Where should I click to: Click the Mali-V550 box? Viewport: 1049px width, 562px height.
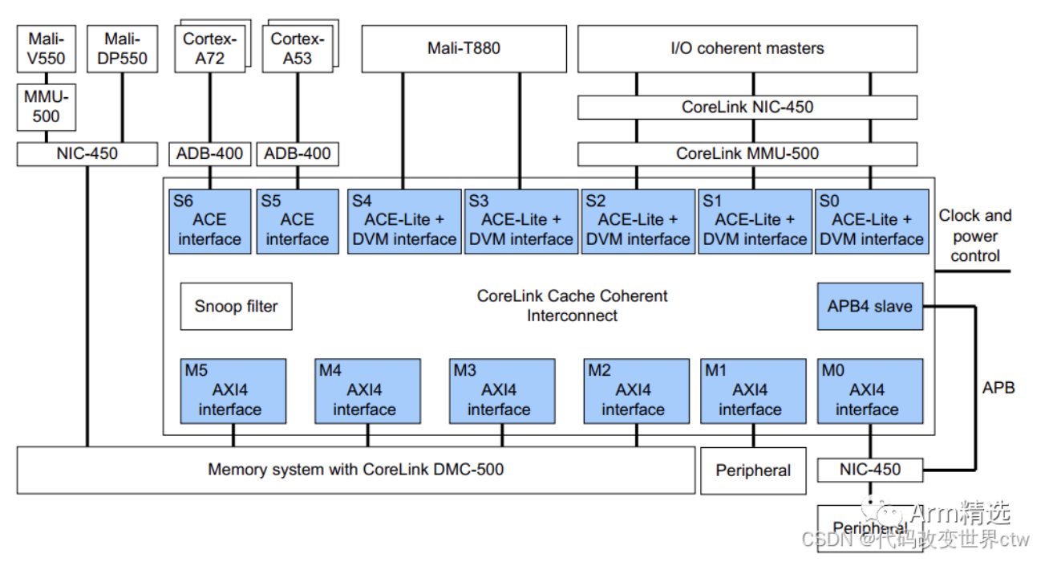pyautogui.click(x=47, y=48)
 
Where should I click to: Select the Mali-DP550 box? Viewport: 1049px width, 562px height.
pyautogui.click(x=122, y=48)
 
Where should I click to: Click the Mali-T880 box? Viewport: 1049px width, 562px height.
pyautogui.click(x=463, y=48)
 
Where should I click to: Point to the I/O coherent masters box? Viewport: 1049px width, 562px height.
pyautogui.click(x=747, y=48)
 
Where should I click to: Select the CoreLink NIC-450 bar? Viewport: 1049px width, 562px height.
pyautogui.click(x=747, y=107)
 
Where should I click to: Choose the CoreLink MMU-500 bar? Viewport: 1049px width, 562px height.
pyautogui.click(x=747, y=153)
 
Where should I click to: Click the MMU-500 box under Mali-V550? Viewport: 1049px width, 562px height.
pyautogui.click(x=47, y=107)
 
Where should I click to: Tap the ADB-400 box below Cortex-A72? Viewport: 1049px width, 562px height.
pyautogui.click(x=210, y=153)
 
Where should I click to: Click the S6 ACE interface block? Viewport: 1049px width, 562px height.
pyautogui.click(x=209, y=222)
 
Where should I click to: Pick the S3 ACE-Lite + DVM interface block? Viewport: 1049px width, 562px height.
pyautogui.click(x=521, y=222)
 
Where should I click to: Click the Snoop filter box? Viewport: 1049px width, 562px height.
pyautogui.click(x=236, y=306)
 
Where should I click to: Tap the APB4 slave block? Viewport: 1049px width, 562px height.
pyautogui.click(x=870, y=306)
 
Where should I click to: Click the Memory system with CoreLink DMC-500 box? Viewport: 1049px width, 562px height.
pyautogui.click(x=355, y=470)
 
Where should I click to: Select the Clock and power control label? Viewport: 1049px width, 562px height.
pyautogui.click(x=975, y=236)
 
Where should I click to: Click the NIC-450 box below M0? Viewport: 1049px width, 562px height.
pyautogui.click(x=870, y=470)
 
